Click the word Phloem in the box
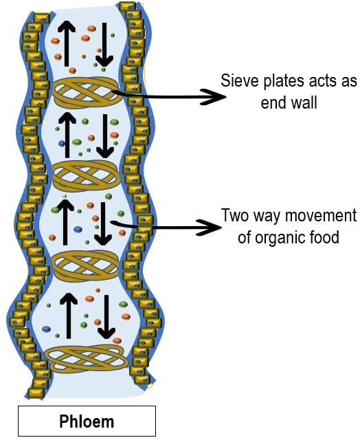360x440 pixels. pyautogui.click(x=87, y=421)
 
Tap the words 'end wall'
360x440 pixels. pyautogui.click(x=289, y=102)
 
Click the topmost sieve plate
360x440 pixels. pyautogui.click(x=86, y=92)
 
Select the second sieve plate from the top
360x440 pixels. pyautogui.click(x=86, y=176)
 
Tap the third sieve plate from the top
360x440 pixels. pyautogui.click(x=86, y=267)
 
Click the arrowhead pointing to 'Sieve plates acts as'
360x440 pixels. pyautogui.click(x=215, y=97)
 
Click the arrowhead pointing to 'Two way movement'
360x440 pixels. pyautogui.click(x=211, y=227)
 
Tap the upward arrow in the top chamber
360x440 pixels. pyautogui.click(x=67, y=43)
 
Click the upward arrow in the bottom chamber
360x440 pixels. pyautogui.click(x=69, y=316)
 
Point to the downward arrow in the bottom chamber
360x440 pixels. pyautogui.click(x=106, y=316)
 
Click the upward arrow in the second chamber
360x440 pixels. pyautogui.click(x=67, y=135)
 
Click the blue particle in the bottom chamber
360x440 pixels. pyautogui.click(x=46, y=329)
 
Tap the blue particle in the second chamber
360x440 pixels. pyautogui.click(x=61, y=144)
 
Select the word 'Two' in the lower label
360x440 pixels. pyautogui.click(x=235, y=215)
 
